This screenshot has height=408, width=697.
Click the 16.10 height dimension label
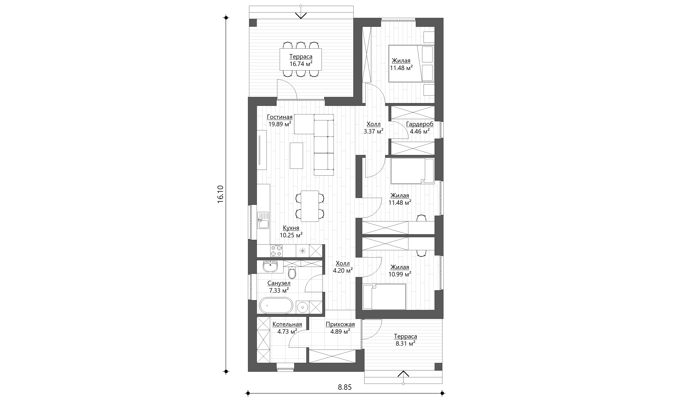[220, 194]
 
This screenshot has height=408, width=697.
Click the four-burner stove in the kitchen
[360, 251]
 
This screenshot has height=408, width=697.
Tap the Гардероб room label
[420, 124]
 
